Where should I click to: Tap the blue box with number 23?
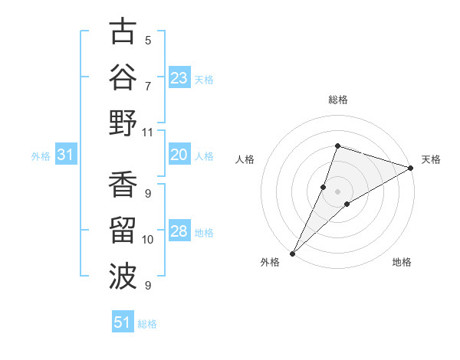coord(179,78)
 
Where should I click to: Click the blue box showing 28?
coord(179,232)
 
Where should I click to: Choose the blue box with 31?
coord(65,155)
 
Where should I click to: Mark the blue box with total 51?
coord(123,322)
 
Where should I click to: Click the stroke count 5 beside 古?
coord(148,40)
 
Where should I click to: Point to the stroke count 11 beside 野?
coord(147,132)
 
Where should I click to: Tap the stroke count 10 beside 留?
coord(147,240)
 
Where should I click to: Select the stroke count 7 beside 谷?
coord(148,86)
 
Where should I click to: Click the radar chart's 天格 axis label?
coord(431,159)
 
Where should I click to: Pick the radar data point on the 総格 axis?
coord(337,146)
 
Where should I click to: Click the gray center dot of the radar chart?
coord(337,191)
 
